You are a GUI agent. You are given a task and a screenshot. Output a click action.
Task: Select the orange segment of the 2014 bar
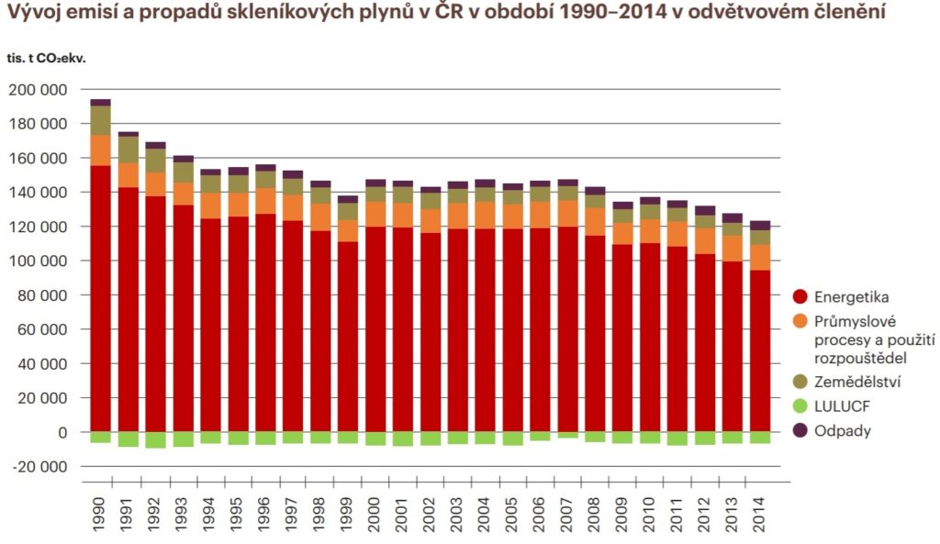759,257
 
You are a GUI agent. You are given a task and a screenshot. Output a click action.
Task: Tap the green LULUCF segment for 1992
155,439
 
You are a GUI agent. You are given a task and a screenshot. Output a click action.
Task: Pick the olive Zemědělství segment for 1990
100,120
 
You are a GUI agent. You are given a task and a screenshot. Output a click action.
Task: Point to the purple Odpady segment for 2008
595,191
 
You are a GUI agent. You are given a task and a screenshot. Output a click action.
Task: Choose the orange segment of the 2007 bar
567,213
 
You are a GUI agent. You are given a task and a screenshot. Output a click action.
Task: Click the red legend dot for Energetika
800,297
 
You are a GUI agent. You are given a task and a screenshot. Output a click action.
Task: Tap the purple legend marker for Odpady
800,430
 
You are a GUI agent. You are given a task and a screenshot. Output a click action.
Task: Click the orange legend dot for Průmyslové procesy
800,321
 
